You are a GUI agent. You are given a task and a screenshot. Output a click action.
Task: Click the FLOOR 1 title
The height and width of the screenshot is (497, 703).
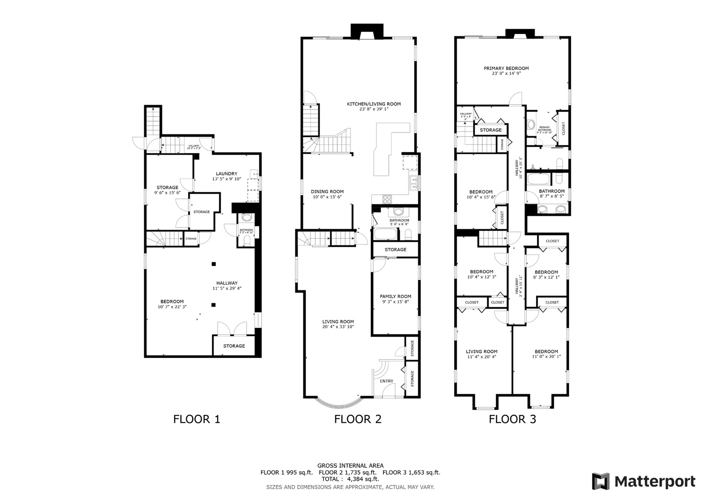coord(196,419)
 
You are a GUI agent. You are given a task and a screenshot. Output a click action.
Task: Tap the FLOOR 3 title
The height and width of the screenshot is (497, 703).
coord(512,419)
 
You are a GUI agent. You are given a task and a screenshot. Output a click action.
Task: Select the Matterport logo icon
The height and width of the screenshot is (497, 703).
coord(600,481)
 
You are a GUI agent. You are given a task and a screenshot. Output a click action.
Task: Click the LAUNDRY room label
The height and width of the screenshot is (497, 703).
coord(226,173)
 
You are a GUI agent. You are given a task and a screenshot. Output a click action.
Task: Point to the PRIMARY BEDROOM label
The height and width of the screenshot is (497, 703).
coord(506,68)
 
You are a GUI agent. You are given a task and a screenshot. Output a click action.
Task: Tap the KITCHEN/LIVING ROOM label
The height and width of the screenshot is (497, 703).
coord(374,104)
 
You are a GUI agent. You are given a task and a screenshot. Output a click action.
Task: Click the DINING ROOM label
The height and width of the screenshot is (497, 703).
coord(327,191)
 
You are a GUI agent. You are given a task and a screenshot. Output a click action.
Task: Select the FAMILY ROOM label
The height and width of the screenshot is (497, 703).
coord(395,296)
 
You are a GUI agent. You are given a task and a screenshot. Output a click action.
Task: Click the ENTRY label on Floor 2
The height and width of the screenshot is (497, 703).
coord(386,381)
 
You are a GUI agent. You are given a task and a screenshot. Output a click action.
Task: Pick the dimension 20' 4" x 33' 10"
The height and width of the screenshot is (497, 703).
coord(338,327)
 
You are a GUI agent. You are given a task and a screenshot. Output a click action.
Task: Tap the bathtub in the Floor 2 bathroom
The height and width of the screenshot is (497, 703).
coord(385,234)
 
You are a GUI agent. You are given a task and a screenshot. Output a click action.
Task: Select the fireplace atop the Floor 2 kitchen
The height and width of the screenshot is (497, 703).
coord(367,31)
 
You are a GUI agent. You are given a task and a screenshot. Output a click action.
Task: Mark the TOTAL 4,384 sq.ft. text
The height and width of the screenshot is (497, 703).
coord(350,479)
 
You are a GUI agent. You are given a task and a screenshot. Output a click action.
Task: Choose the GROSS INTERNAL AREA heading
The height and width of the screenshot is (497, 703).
coord(350,466)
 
